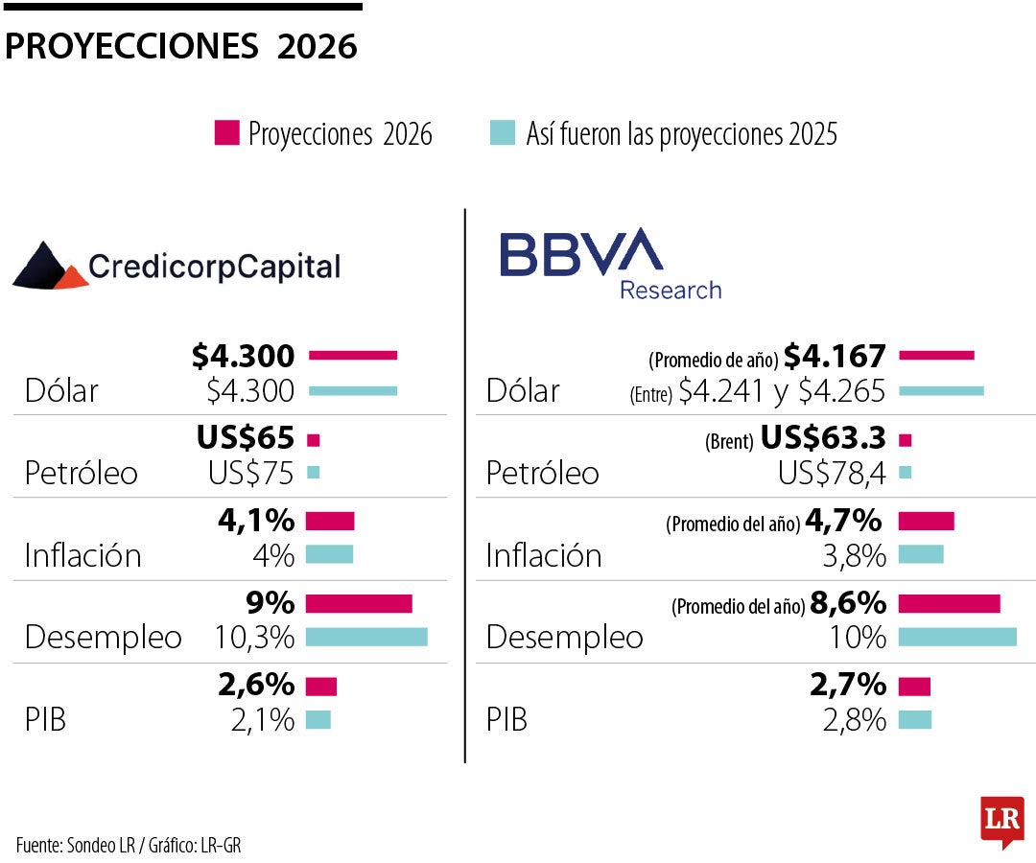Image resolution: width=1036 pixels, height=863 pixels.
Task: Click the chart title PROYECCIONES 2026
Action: (x=181, y=46)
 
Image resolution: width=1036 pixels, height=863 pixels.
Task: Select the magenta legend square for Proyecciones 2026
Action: (x=226, y=133)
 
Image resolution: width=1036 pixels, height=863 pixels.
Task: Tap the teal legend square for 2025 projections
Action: (x=502, y=133)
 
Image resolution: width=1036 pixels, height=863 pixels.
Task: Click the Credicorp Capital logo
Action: (x=177, y=265)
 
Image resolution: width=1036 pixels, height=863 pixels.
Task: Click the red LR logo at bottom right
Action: (x=1001, y=821)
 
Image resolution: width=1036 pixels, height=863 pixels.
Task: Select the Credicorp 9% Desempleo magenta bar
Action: (x=359, y=603)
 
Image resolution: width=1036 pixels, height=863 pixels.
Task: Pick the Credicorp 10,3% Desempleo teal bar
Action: (x=366, y=637)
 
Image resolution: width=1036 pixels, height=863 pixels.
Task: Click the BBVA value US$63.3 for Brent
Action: (x=823, y=438)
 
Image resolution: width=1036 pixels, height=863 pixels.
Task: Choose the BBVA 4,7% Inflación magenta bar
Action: (x=926, y=521)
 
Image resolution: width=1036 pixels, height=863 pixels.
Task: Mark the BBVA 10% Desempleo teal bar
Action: (x=956, y=637)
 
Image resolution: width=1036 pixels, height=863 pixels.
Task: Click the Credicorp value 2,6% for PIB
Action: (x=256, y=685)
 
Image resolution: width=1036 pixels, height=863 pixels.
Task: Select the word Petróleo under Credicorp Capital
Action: (x=82, y=473)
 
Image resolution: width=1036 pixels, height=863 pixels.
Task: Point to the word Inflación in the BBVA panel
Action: (x=544, y=555)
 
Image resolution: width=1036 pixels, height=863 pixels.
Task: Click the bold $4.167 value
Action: (x=835, y=356)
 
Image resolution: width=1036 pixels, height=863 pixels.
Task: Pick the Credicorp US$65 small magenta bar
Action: (x=313, y=440)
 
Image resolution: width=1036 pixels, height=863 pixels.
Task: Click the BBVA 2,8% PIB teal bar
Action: (x=914, y=719)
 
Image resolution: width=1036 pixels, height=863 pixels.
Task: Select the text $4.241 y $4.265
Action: (x=781, y=390)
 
